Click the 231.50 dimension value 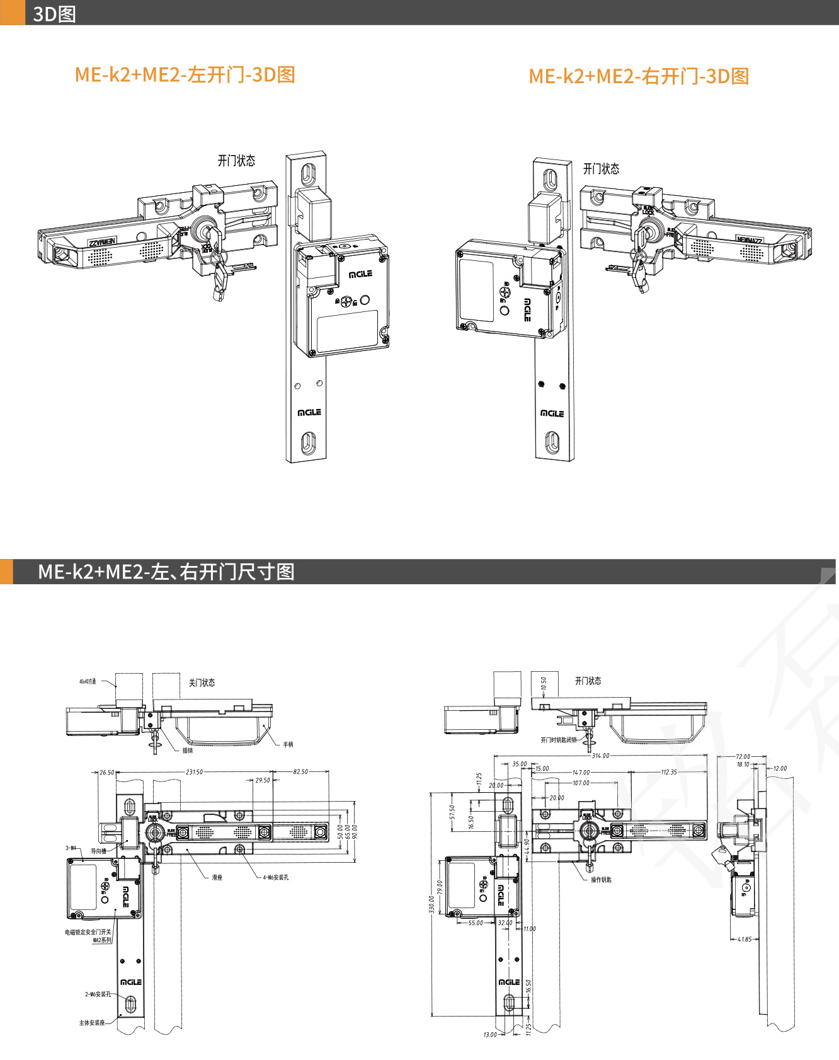[x=194, y=772]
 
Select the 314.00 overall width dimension [x=600, y=756]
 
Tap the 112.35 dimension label [x=669, y=772]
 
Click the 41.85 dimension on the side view [x=745, y=939]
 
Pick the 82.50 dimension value [x=300, y=772]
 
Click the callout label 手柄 [x=288, y=745]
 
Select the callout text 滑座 [x=217, y=877]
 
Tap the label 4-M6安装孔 [x=276, y=877]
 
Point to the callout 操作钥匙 [x=601, y=880]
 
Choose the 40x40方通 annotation [x=88, y=681]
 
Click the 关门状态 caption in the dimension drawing [x=202, y=683]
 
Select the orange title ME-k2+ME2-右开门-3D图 [x=639, y=76]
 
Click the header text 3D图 [x=54, y=14]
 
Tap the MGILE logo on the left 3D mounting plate [x=309, y=412]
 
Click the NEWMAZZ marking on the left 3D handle [x=102, y=242]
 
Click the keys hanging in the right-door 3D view [x=640, y=268]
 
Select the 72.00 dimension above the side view [x=743, y=756]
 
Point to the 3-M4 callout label [x=71, y=848]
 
